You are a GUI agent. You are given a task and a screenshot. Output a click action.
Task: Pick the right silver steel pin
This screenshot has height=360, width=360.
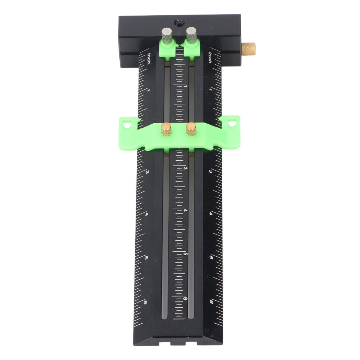[x=191, y=35]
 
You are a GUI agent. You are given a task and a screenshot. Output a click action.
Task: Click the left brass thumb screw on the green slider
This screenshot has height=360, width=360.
[x=167, y=129]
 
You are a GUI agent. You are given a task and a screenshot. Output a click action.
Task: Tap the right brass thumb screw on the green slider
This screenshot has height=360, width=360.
[x=191, y=129]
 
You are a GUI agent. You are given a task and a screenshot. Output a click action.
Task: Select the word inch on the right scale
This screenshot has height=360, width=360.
[x=210, y=57]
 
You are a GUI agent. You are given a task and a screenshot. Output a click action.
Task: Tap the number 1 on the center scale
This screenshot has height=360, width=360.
[x=186, y=87]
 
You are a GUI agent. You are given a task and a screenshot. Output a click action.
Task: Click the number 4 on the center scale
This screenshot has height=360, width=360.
[x=185, y=211]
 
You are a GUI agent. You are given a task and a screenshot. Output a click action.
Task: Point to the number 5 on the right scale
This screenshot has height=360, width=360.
[x=211, y=257]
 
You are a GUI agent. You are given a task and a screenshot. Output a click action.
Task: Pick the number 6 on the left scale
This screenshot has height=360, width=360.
[x=145, y=303]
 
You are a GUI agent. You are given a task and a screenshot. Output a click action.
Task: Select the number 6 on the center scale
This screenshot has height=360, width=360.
[x=185, y=299]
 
